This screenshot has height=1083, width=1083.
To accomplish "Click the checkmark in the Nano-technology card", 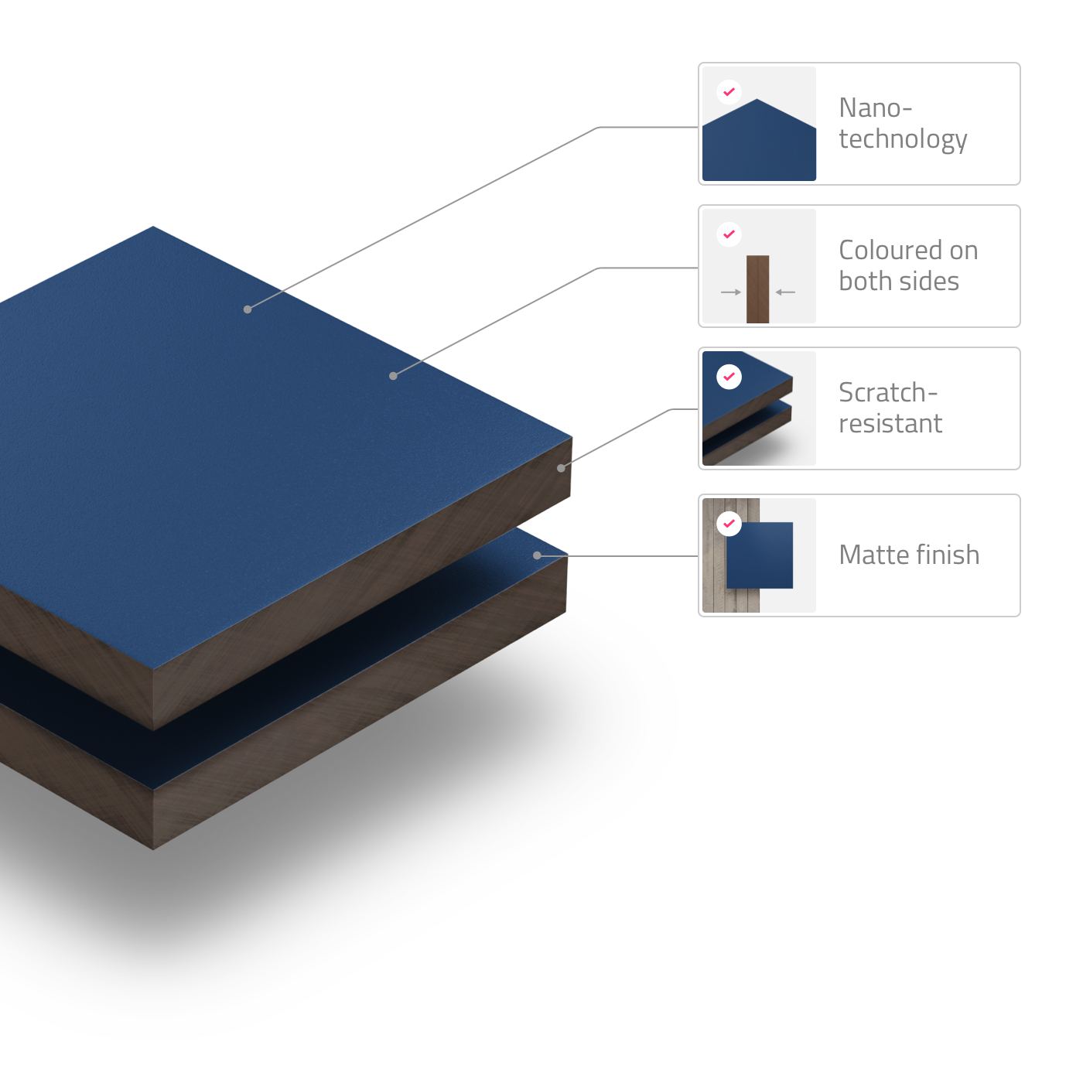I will coord(729,92).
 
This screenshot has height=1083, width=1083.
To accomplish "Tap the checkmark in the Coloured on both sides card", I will coord(729,234).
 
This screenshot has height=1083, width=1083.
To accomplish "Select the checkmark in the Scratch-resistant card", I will coord(729,377).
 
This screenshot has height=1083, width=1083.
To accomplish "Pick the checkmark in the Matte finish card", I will coord(729,524).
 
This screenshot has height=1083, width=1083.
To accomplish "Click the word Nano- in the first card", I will coord(875,108).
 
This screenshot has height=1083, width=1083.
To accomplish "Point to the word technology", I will coord(903,140).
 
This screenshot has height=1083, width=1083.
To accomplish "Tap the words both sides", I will coord(899,282).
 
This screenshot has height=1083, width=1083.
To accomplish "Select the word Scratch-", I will coord(887,393).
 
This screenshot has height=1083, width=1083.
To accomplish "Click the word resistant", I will coord(890,424).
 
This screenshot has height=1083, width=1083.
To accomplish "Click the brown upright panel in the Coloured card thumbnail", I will coord(757,289).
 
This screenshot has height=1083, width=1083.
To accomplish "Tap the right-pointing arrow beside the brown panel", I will coord(731,292).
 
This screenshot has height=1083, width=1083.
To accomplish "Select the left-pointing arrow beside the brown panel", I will coord(785,292).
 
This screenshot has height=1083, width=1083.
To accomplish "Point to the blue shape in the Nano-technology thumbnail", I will coord(758,147).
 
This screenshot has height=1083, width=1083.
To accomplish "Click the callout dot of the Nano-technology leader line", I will coord(248,309).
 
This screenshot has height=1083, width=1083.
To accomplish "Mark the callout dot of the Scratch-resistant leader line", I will coord(561,468).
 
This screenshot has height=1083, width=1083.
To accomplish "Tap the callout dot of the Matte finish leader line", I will coord(537,555).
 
